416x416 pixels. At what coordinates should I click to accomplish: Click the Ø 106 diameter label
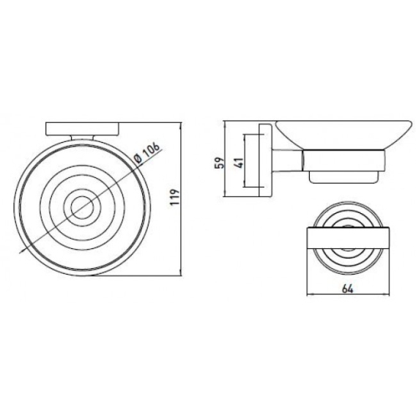(147, 153)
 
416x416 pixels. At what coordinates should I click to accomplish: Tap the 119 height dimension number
(175, 196)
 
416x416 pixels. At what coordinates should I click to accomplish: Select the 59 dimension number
(220, 163)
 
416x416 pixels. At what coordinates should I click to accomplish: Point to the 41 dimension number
(239, 163)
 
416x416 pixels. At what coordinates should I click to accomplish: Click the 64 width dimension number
(348, 289)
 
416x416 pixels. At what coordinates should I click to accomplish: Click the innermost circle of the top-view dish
(82, 196)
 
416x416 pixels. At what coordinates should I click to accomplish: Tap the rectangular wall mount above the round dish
(83, 129)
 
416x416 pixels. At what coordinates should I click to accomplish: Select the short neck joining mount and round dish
(83, 138)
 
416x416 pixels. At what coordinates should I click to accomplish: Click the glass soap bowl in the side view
(343, 135)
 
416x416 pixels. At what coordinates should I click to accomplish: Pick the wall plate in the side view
(265, 160)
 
